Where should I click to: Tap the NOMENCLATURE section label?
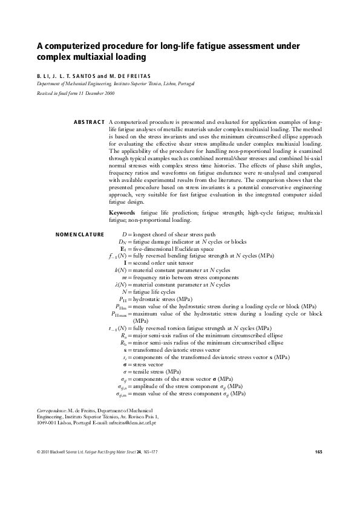79,234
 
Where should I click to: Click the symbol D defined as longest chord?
124,234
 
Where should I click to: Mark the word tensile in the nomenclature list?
143,371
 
